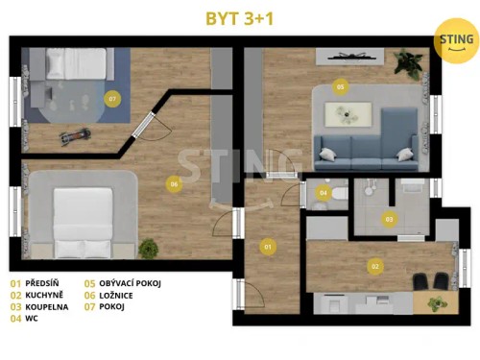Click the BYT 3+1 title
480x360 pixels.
(239, 18)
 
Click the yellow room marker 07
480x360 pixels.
(112, 98)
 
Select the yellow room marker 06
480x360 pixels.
(173, 183)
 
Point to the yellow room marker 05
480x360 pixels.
(340, 86)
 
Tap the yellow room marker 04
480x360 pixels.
(323, 193)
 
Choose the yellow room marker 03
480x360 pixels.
(389, 219)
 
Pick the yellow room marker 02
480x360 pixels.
(375, 266)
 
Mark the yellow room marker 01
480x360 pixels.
(268, 247)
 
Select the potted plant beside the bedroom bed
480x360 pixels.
(148, 249)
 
